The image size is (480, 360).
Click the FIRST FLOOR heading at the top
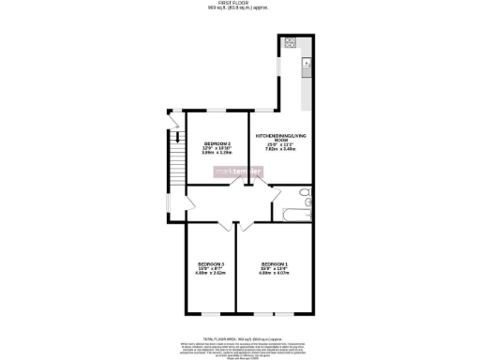coord(239,4)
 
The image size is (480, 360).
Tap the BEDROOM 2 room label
coord(217,143)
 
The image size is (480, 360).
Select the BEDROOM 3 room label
coord(209,263)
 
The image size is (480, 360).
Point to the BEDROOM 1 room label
coord(275,263)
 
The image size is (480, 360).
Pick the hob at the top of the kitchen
coord(291,42)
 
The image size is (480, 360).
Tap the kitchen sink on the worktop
coord(305,64)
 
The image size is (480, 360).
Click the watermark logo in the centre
coord(239,172)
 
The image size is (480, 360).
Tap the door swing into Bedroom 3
coord(226,227)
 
